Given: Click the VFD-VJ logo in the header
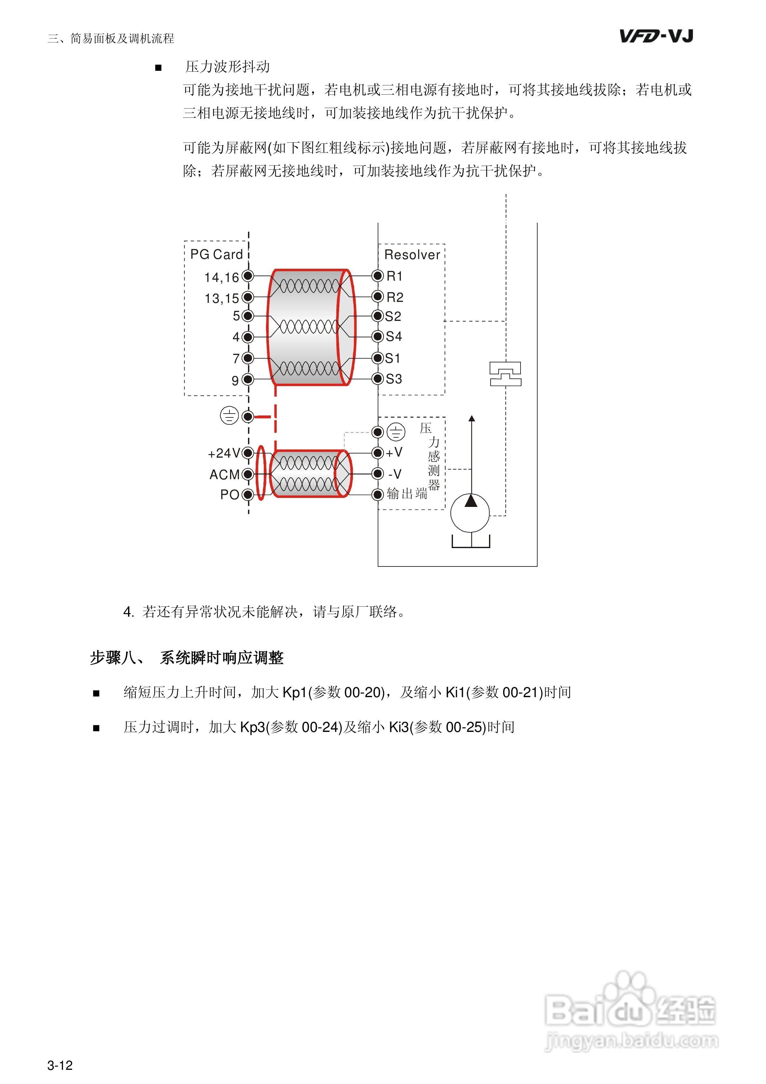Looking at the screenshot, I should pos(656,36).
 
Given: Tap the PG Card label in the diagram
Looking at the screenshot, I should pos(216,255).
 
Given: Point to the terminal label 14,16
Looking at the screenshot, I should pos(221,278).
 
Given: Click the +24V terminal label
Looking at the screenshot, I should pos(224,453).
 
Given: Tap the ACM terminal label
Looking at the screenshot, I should pos(224,474).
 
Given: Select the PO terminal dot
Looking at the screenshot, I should pos(248,495).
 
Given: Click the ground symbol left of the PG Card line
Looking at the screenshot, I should pos(229,416).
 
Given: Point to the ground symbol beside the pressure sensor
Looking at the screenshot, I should pos(396,432).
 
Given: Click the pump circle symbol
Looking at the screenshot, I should pos(470,513).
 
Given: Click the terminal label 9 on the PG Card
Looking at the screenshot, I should pos(235,380).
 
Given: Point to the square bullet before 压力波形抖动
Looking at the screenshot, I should pos(159,68).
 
